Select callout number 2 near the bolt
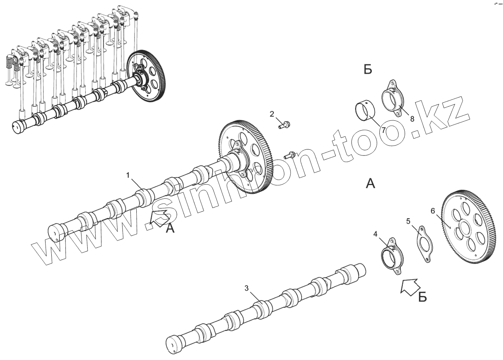tap(272, 114)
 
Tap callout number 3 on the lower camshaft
tap(247, 288)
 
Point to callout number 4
tap(376, 233)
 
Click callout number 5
tap(408, 221)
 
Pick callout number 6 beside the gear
tap(433, 211)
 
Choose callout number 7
tap(383, 130)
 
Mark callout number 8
tap(412, 119)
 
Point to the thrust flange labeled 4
tap(392, 257)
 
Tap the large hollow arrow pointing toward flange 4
tap(410, 285)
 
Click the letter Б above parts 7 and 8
tap(367, 70)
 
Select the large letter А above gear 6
tap(370, 184)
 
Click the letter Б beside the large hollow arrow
tap(422, 297)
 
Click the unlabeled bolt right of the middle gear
tap(290, 155)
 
